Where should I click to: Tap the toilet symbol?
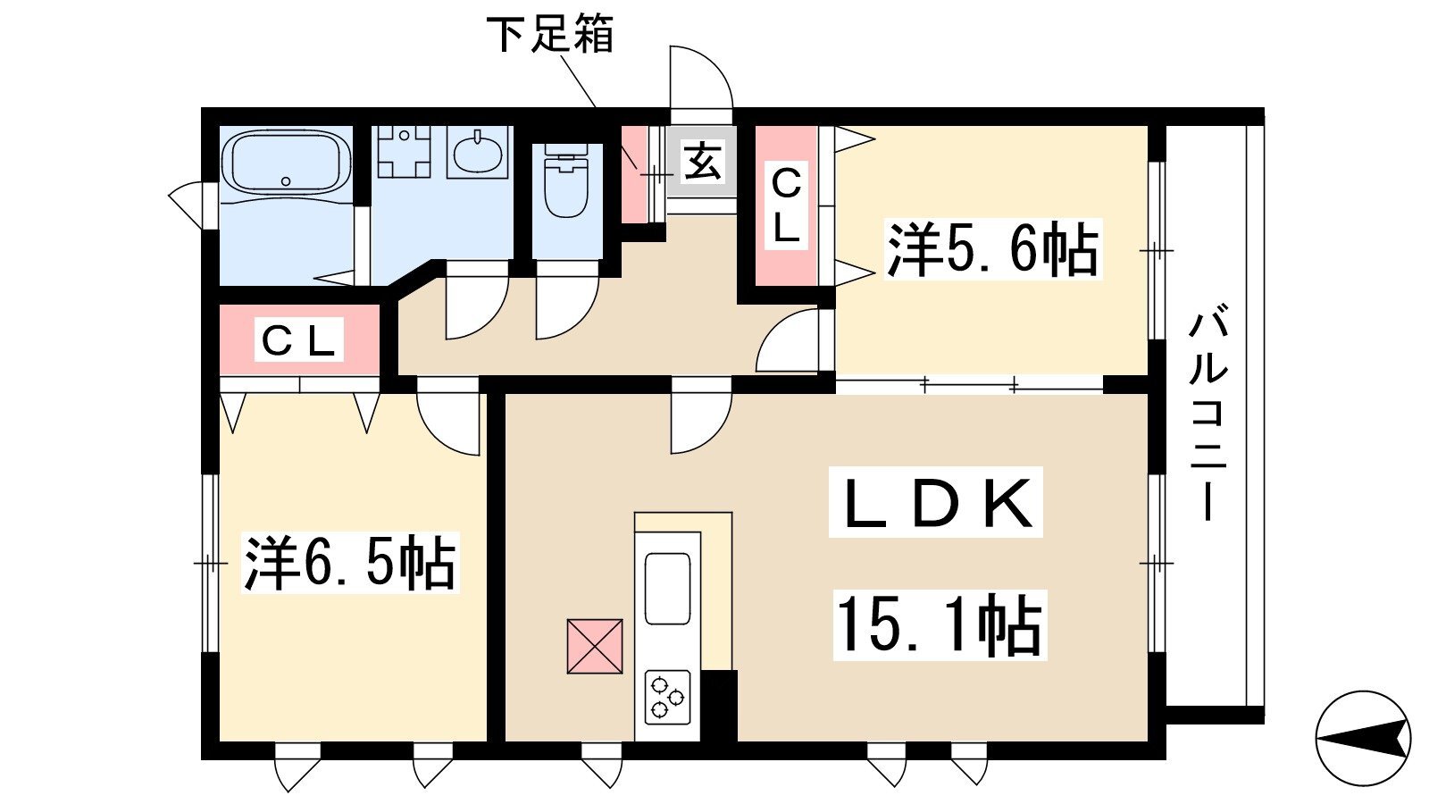(566, 181)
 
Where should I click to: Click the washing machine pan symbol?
(404, 151)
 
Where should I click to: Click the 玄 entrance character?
(702, 162)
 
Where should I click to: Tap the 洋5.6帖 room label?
(992, 249)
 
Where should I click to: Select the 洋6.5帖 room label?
(349, 563)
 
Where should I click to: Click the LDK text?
(935, 502)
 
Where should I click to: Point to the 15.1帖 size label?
(940, 624)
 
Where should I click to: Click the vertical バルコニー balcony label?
(1208, 414)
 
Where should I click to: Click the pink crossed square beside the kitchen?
(595, 646)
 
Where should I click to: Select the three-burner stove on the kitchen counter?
(667, 697)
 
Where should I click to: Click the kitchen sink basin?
(667, 589)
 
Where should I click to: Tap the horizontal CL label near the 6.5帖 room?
(298, 340)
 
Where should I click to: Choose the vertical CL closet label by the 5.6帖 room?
(786, 205)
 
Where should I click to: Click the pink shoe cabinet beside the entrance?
(634, 174)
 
